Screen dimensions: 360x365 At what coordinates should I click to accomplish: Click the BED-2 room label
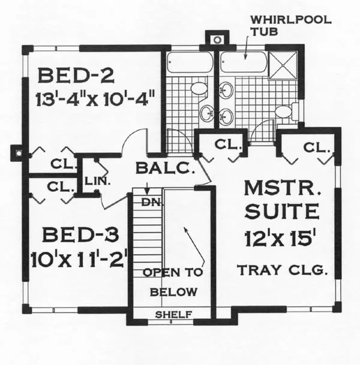tap(76, 76)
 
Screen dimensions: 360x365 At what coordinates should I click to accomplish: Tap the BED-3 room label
tap(80, 235)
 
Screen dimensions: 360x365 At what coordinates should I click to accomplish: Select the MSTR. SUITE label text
tap(282, 200)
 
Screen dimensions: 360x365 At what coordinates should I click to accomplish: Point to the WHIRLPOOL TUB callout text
tap(290, 25)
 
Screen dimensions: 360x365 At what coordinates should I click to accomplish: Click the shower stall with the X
tap(283, 65)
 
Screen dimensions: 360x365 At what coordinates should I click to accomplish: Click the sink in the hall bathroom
tap(207, 113)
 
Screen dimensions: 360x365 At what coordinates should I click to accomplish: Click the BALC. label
tap(166, 168)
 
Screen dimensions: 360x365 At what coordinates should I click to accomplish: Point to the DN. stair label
tap(151, 203)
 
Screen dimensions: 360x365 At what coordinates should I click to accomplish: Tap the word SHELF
tap(173, 315)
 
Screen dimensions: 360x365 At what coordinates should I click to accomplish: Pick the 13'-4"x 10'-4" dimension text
tap(95, 99)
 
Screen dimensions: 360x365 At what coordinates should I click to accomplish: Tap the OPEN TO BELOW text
tap(173, 282)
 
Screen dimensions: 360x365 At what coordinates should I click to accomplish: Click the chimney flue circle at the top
tap(217, 40)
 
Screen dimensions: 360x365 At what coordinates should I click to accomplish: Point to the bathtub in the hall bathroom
tap(190, 62)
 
